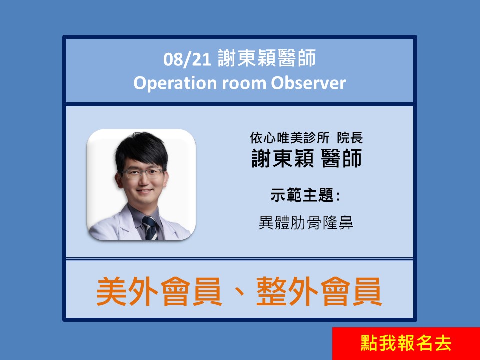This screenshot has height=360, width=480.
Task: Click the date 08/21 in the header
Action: point(187,59)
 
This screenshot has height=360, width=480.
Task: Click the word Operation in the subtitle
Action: point(175,83)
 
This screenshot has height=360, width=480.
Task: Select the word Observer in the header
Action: point(308,83)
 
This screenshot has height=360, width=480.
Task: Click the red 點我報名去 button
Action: point(406,343)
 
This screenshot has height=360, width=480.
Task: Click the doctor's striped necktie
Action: point(150,228)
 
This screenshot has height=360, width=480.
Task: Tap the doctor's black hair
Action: point(141,150)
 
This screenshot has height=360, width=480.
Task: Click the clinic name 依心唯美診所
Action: point(289,138)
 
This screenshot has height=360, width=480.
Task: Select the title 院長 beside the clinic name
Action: point(350,138)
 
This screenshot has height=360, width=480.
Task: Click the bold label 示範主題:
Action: point(305,195)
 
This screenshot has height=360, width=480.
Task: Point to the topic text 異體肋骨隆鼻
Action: point(306,222)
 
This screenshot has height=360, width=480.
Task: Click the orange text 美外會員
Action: point(159,291)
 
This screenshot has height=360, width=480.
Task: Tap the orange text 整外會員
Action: point(319,291)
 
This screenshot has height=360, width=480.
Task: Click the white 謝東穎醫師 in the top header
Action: point(267,58)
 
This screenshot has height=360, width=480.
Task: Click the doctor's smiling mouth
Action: point(144,191)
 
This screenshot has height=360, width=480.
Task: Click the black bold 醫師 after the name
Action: point(342,158)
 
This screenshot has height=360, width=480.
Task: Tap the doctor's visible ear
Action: point(119,181)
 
